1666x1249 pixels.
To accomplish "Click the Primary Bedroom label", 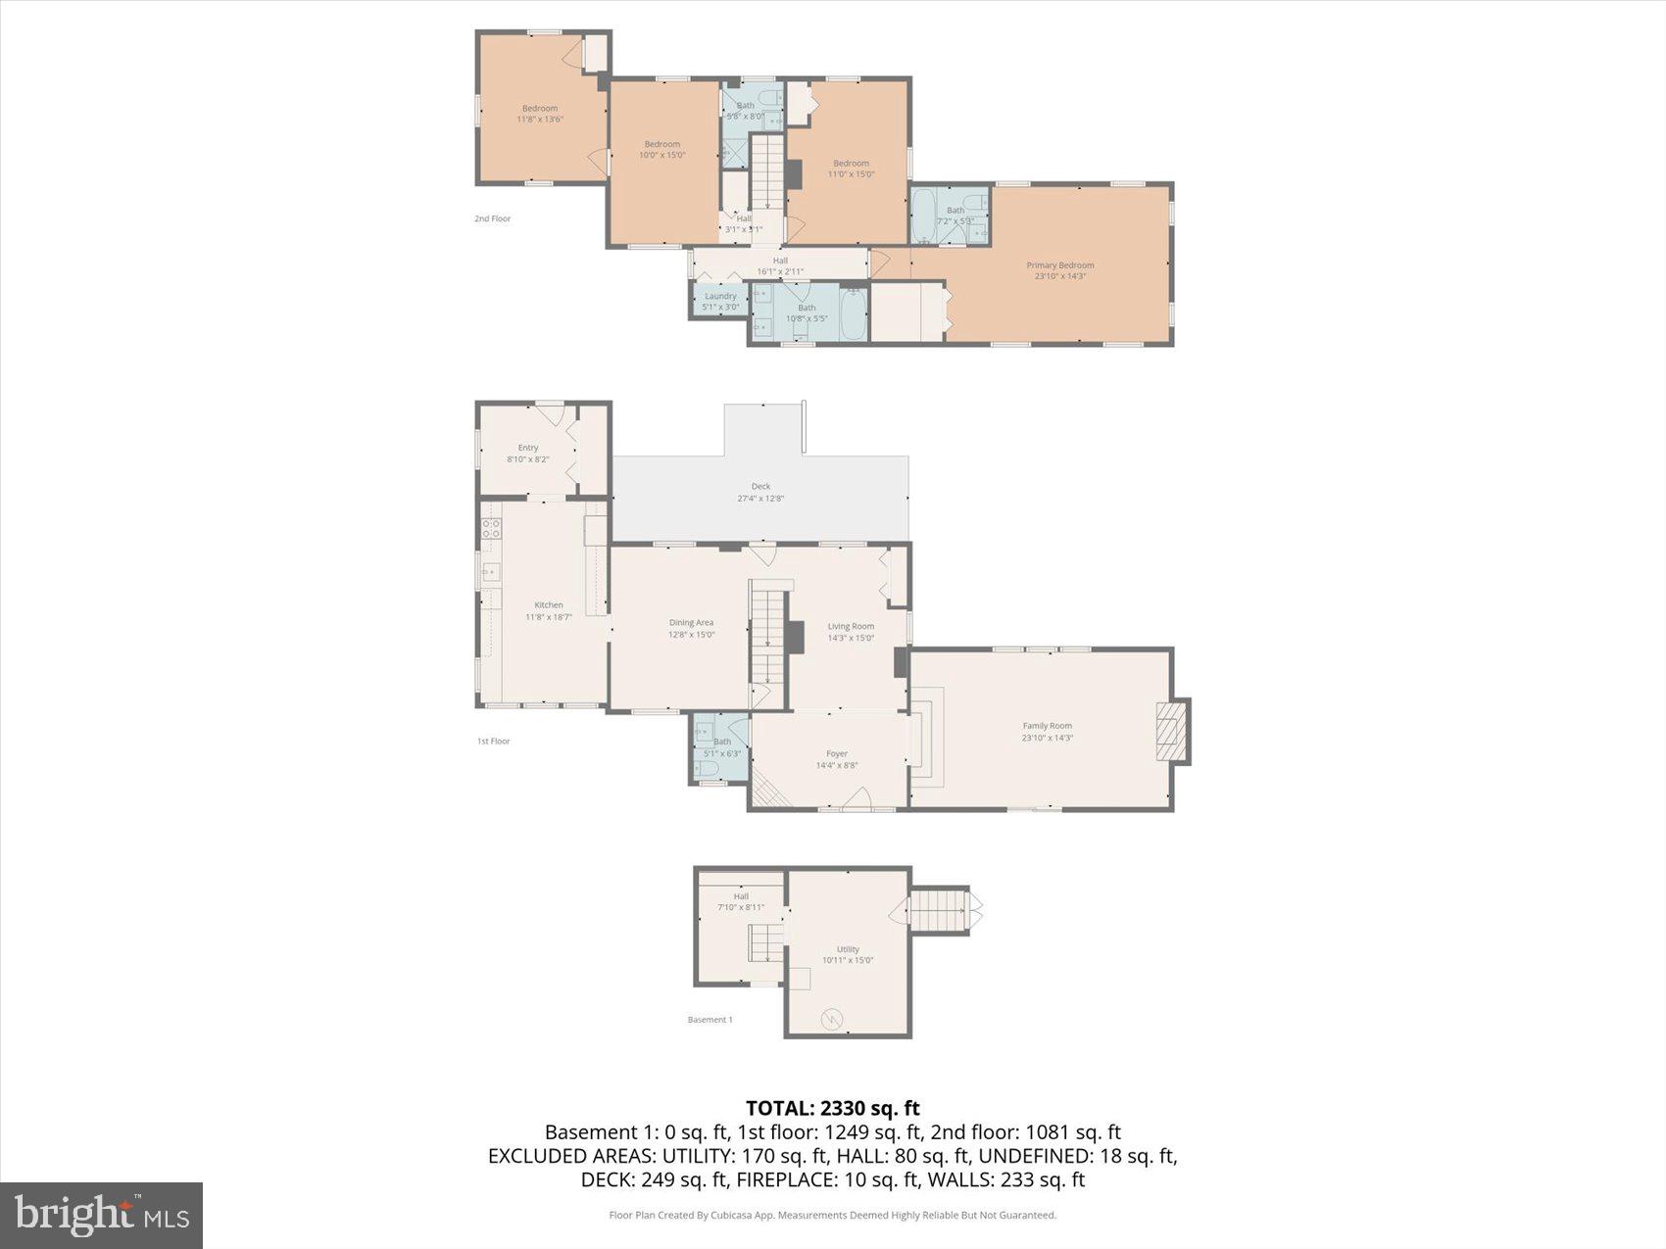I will point(1059,270).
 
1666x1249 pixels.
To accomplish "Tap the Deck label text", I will point(760,492).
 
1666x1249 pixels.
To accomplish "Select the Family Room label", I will point(1047,732).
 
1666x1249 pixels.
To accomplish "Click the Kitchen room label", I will point(549,610).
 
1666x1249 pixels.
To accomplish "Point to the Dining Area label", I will point(691,628).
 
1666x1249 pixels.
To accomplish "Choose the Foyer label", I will point(836,759).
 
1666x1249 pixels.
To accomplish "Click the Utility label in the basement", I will point(848,954).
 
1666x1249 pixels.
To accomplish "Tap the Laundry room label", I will point(720,301).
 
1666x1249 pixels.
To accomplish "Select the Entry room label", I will point(528,453).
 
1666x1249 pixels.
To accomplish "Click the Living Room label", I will point(851,632).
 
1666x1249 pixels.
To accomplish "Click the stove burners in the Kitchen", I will point(491,529).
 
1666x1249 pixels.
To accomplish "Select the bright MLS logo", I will point(102,1216).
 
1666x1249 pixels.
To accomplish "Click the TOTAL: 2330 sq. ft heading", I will point(832,1108).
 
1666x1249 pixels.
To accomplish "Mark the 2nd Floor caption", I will point(492,218).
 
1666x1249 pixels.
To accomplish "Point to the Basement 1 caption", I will point(710,1020).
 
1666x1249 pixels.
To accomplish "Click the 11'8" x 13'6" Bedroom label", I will point(540,114).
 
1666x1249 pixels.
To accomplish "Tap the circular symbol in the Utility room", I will point(833,1019).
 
